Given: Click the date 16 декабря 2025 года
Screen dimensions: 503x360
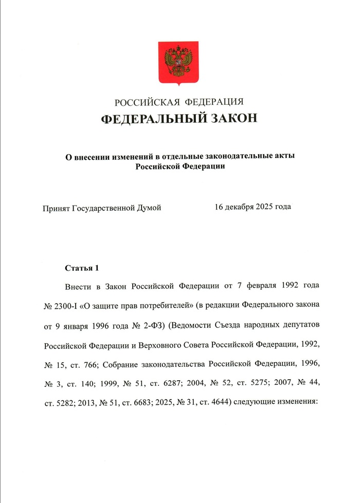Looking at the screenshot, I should [253, 207].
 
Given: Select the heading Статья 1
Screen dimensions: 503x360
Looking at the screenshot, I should [81, 268].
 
